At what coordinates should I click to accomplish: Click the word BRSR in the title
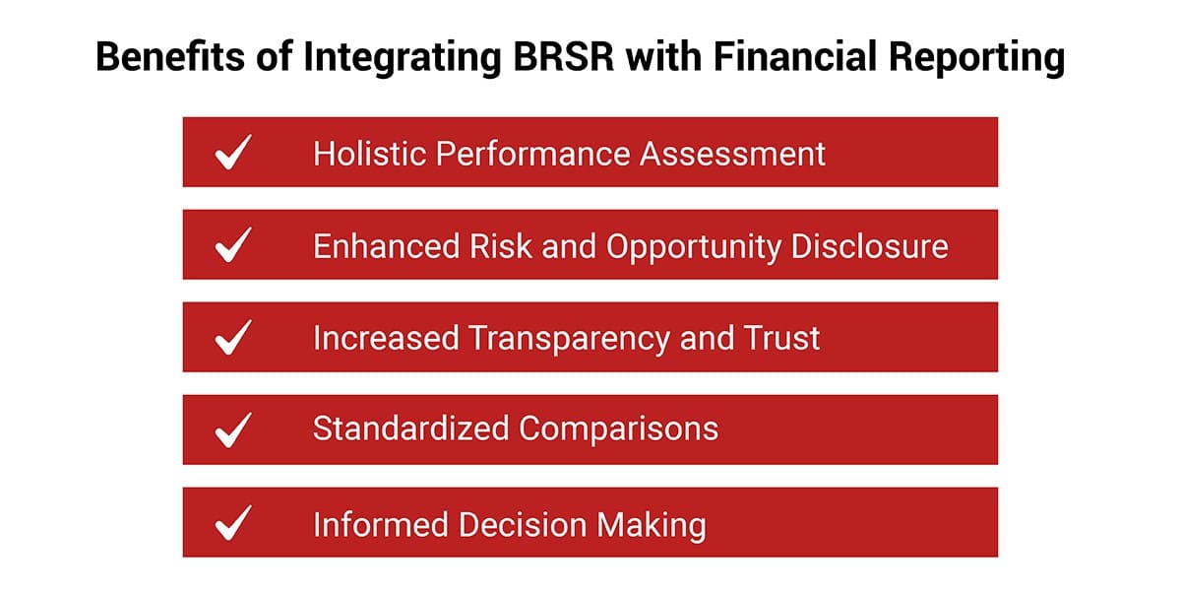pyautogui.click(x=564, y=56)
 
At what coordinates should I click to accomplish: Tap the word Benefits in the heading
pyautogui.click(x=170, y=56)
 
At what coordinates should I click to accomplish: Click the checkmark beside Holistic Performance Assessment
pyautogui.click(x=233, y=152)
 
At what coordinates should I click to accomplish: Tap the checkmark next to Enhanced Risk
pyautogui.click(x=233, y=244)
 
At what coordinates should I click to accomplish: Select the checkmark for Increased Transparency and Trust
pyautogui.click(x=233, y=337)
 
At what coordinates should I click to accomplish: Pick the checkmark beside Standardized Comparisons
pyautogui.click(x=233, y=430)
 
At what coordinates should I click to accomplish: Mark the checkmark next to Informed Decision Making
pyautogui.click(x=233, y=523)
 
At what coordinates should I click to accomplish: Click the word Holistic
pyautogui.click(x=370, y=154)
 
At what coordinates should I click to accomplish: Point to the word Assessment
pyautogui.click(x=732, y=154)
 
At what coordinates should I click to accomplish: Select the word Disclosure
pyautogui.click(x=869, y=246)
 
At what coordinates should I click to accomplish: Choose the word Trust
pyautogui.click(x=781, y=338)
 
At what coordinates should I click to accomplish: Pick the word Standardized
pyautogui.click(x=410, y=427)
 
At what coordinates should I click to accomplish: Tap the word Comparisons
pyautogui.click(x=618, y=430)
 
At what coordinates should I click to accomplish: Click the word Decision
pyautogui.click(x=522, y=525)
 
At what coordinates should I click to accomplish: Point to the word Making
pyautogui.click(x=652, y=527)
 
